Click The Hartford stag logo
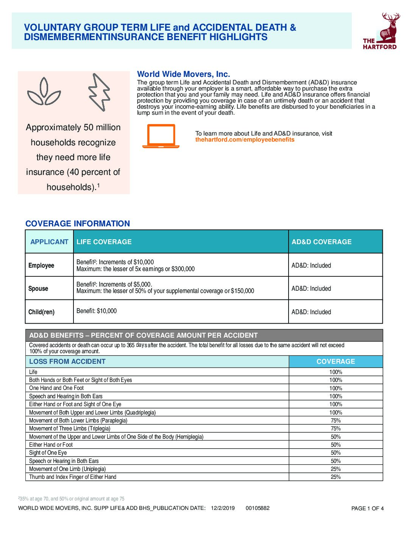[x=380, y=31]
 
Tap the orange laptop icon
[x=161, y=136]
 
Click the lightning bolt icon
[x=99, y=92]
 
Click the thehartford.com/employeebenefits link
[x=245, y=140]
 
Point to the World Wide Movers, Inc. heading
[x=183, y=74]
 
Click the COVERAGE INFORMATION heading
[x=78, y=224]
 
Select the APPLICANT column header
[x=49, y=242]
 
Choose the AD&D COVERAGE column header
[x=321, y=242]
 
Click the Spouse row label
[x=38, y=288]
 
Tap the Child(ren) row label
[x=41, y=312]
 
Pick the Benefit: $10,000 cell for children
[x=97, y=311]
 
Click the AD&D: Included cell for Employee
[x=311, y=265]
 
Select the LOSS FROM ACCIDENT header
[x=67, y=362]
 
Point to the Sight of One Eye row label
[x=48, y=453]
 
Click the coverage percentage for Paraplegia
[x=336, y=421]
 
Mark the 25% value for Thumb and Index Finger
[x=336, y=477]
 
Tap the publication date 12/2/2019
[x=223, y=508]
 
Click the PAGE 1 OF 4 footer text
[x=367, y=508]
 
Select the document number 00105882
[x=257, y=508]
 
